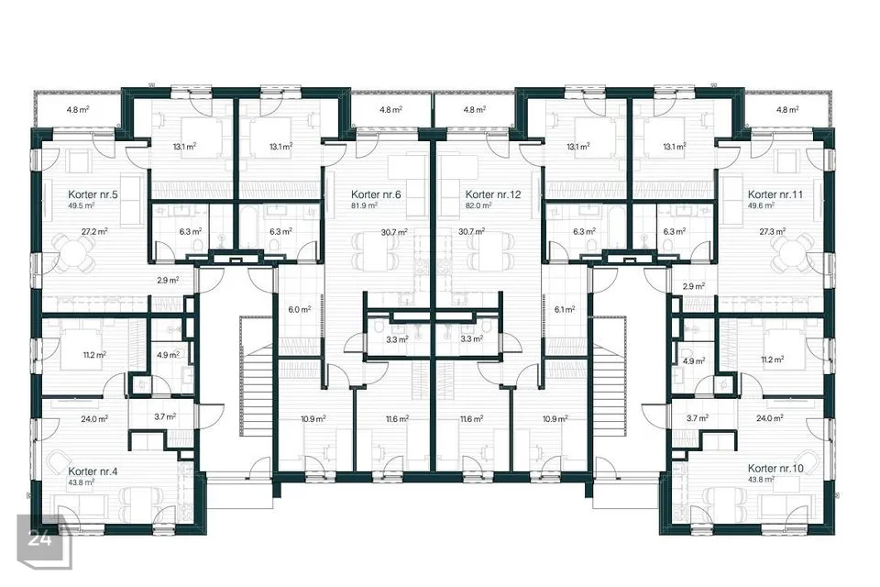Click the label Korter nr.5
click(x=93, y=194)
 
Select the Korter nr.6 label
click(x=376, y=194)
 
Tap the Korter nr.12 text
click(x=493, y=194)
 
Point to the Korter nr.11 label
click(x=775, y=194)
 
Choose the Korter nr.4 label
click(x=93, y=471)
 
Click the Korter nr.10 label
click(x=775, y=469)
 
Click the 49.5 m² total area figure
click(x=81, y=205)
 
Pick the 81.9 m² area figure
click(x=364, y=205)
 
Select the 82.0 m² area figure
click(x=478, y=205)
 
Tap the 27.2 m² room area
click(x=94, y=231)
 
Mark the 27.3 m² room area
click(x=772, y=231)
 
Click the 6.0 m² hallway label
click(x=299, y=309)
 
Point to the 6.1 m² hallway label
click(x=565, y=309)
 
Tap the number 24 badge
click(x=40, y=538)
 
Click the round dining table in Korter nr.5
click(x=74, y=251)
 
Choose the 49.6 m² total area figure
click(x=761, y=205)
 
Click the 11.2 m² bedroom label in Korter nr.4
click(x=94, y=355)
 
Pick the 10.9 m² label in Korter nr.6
click(x=313, y=418)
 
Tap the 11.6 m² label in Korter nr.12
click(x=471, y=418)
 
